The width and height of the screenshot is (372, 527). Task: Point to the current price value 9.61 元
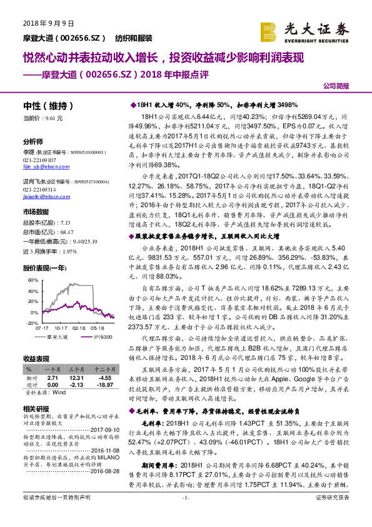[x=56, y=117]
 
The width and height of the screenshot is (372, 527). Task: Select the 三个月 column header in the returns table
[x=76, y=370]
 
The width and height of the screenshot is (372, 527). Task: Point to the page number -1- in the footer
[x=185, y=514]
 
